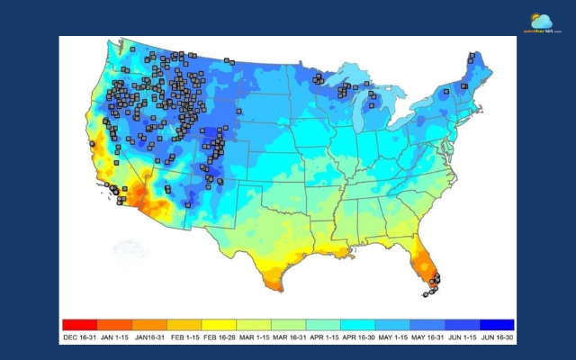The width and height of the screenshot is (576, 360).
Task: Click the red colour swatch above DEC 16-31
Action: coord(78,324)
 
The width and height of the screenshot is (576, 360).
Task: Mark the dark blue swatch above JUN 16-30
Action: coord(497,324)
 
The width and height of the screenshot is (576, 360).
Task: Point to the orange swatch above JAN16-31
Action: coord(148,324)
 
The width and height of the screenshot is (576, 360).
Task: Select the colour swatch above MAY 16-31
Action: coord(427,324)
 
